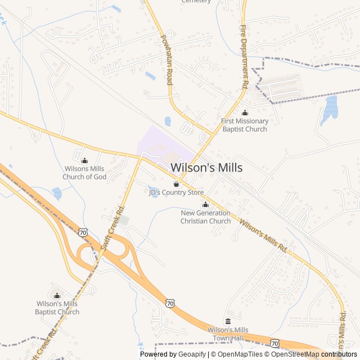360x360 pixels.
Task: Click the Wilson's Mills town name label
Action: click(x=206, y=168)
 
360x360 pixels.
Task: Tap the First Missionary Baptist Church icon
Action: click(x=245, y=113)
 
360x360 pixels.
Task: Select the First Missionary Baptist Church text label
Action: click(x=245, y=125)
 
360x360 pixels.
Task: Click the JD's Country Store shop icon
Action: click(x=176, y=184)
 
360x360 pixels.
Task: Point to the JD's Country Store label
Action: click(x=176, y=192)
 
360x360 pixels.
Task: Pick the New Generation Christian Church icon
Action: click(x=205, y=205)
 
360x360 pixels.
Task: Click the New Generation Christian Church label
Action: click(x=205, y=217)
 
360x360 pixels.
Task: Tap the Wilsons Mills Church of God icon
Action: click(x=84, y=161)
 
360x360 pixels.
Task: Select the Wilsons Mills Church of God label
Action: click(x=84, y=173)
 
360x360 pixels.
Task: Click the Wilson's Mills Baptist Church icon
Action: click(x=57, y=295)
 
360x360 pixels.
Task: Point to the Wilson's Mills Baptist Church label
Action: click(x=57, y=308)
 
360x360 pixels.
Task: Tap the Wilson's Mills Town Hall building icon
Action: click(x=228, y=321)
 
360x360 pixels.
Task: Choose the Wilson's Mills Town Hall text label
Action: click(x=228, y=334)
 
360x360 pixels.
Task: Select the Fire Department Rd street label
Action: click(x=244, y=56)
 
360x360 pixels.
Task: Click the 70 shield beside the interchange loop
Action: click(x=83, y=232)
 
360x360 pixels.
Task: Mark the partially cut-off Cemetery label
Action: click(x=196, y=2)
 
